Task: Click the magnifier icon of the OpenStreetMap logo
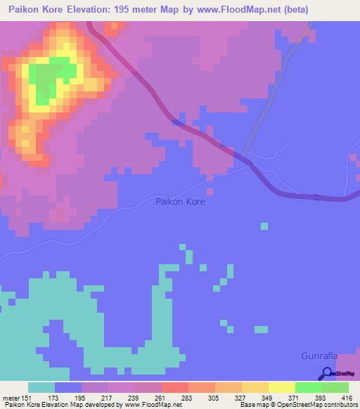[x=328, y=374]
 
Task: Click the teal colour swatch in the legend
[x=41, y=387]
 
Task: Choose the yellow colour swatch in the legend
[x=282, y=387]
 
